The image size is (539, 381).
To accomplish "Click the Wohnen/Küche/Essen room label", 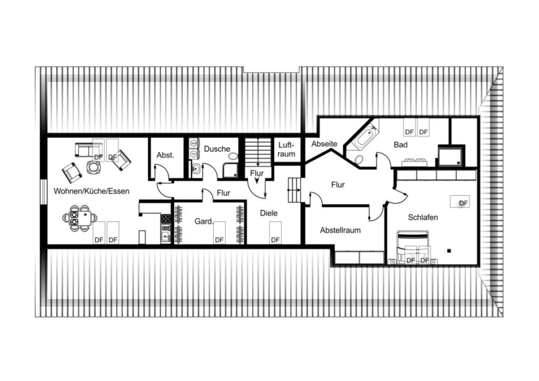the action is (92, 191).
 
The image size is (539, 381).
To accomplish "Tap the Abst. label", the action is (165, 155).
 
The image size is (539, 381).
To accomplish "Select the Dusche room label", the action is (217, 149).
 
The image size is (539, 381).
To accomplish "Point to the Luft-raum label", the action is (287, 150).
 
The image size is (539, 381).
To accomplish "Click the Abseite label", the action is (324, 144).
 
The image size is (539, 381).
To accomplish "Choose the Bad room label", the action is (401, 145).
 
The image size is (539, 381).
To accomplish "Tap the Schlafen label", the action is (423, 217).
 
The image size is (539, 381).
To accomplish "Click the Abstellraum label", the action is (340, 230).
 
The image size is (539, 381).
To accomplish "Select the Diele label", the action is (269, 213).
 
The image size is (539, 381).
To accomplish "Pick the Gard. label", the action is (204, 222).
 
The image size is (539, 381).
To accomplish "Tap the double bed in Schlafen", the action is (413, 247).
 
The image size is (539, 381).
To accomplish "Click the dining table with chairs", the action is (80, 218).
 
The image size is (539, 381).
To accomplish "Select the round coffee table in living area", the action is (93, 167).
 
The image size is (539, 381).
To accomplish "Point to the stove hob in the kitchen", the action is (166, 219).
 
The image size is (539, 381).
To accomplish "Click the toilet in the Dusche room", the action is (233, 157).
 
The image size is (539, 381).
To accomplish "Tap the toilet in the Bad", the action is (358, 160).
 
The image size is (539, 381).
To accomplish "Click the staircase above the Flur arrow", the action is (258, 152).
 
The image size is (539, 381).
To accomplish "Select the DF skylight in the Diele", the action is (275, 233).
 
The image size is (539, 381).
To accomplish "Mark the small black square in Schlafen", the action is (449, 250).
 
